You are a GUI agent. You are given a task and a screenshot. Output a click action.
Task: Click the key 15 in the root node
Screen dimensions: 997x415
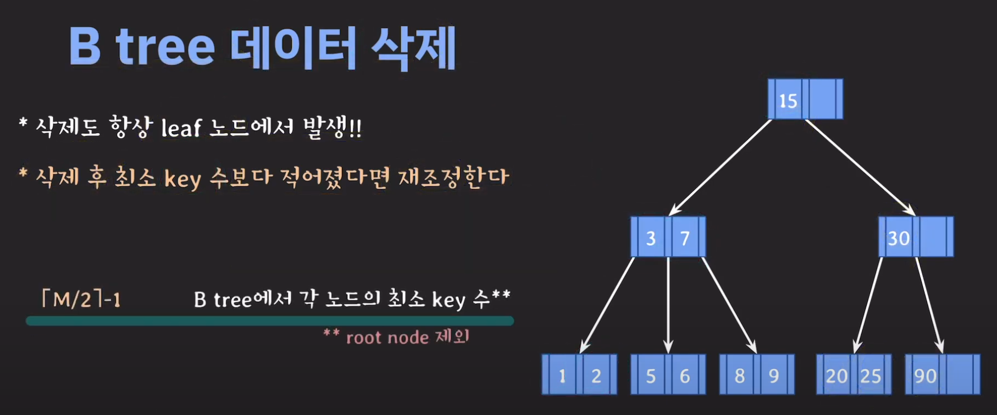pos(788,101)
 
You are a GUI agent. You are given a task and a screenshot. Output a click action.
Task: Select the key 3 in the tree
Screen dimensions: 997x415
pos(651,238)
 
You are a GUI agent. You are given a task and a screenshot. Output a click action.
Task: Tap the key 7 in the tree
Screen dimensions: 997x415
pos(685,238)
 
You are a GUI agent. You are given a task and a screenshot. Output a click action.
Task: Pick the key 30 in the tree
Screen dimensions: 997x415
pos(899,238)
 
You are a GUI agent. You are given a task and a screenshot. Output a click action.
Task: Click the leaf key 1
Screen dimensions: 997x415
pos(562,376)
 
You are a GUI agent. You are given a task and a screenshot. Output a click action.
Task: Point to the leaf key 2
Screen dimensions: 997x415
pos(596,376)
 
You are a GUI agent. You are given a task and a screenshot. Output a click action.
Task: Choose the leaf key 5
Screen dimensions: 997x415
pos(651,376)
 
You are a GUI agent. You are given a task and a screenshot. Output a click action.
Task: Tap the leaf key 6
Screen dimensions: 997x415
pos(685,376)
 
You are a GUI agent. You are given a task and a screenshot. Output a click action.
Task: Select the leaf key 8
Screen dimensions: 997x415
pos(740,376)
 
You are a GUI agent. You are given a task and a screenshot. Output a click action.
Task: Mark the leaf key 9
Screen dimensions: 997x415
pos(774,376)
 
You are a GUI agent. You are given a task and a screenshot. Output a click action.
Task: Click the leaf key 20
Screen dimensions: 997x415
pos(837,376)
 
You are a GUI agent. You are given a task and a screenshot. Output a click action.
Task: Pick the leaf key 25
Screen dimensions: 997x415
pos(870,376)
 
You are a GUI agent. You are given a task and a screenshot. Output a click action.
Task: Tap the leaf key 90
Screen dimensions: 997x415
pos(925,376)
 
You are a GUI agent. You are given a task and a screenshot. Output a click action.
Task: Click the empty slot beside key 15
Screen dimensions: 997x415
pos(822,99)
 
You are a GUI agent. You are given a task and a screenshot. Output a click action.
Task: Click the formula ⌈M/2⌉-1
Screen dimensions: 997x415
pos(81,300)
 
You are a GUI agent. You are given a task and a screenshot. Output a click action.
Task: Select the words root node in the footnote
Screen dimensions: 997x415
pos(387,337)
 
